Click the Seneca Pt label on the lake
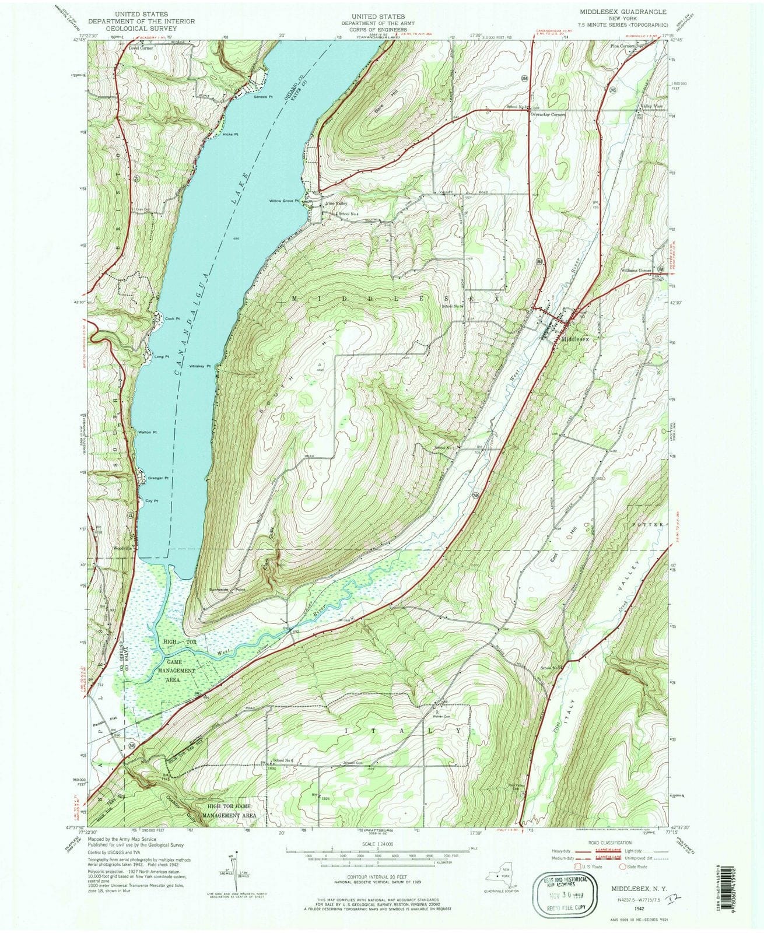click(263, 97)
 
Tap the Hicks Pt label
click(231, 134)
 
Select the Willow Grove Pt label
click(283, 201)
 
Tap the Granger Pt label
click(158, 478)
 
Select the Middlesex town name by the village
click(576, 338)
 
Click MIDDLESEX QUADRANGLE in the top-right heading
click(623, 12)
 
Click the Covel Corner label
click(141, 48)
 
